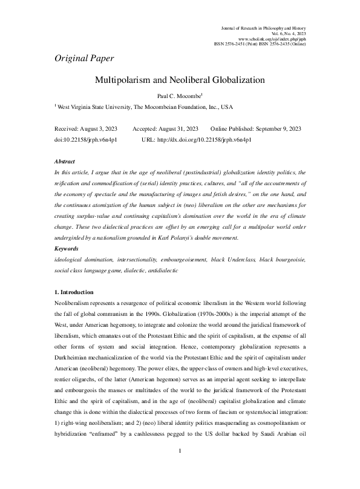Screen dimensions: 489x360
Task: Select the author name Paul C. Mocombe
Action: [x=179, y=95]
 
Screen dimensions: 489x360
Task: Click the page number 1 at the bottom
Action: [x=180, y=468]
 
